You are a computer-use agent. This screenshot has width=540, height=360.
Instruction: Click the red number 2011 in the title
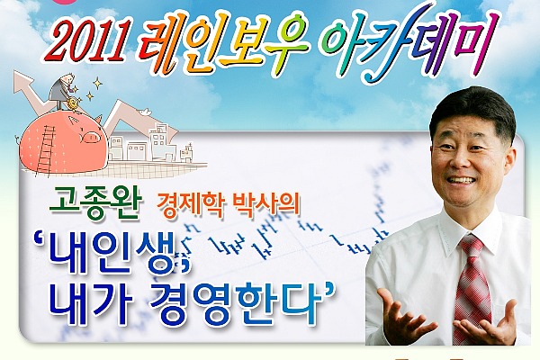pyautogui.click(x=89, y=40)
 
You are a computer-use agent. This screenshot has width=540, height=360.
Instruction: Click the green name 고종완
pyautogui.click(x=95, y=204)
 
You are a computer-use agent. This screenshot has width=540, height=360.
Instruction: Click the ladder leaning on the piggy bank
pyautogui.click(x=46, y=150)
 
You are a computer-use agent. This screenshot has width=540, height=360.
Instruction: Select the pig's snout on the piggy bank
pyautogui.click(x=91, y=138)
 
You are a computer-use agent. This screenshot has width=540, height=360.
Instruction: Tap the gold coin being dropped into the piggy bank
pyautogui.click(x=75, y=103)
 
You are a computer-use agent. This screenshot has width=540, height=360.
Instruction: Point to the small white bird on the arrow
pyautogui.click(x=145, y=112)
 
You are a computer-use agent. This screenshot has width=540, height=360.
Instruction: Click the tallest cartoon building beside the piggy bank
pyautogui.click(x=161, y=142)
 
